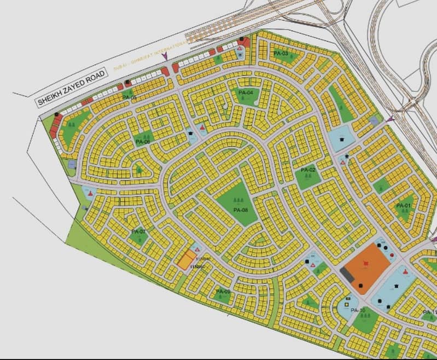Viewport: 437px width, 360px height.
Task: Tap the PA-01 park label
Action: [x=403, y=205]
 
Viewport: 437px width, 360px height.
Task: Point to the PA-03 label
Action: [x=281, y=54]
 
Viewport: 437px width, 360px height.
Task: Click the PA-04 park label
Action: [x=246, y=93]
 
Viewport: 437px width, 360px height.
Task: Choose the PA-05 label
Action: [x=130, y=98]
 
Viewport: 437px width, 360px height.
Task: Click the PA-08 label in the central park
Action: [x=241, y=210]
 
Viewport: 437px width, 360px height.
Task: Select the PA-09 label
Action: [x=223, y=292]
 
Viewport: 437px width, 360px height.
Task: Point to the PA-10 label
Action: [x=358, y=311]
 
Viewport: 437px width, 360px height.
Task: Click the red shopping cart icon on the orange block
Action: [x=366, y=264]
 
